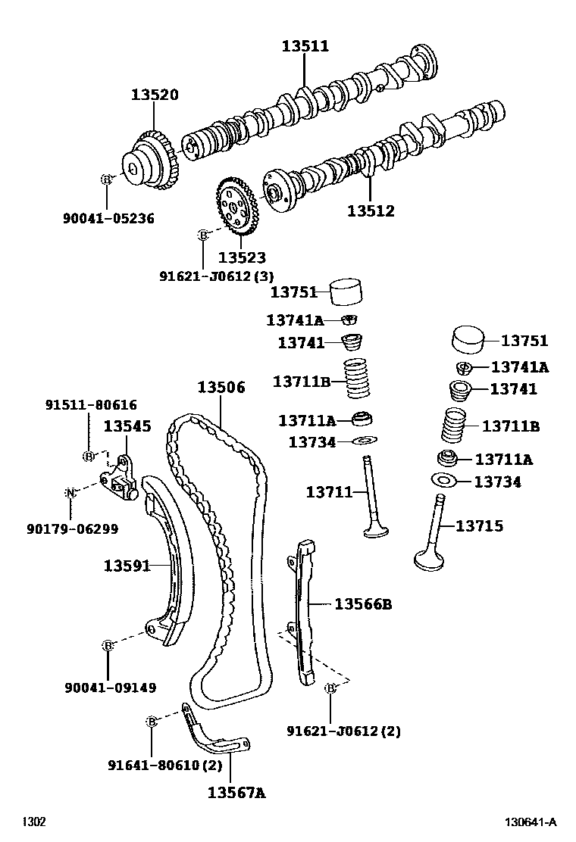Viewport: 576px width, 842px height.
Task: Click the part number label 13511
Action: [x=305, y=46]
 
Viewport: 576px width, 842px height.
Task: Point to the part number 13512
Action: [x=371, y=211]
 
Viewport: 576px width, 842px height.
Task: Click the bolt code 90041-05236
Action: [x=108, y=219]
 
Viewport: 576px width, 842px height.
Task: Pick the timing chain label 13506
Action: [x=221, y=387]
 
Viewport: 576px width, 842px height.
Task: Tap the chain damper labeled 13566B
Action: [x=304, y=606]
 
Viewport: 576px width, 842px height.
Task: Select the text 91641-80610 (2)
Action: [x=164, y=765]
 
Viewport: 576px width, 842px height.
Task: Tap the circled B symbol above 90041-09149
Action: [x=108, y=645]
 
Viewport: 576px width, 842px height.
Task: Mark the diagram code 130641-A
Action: [x=531, y=822]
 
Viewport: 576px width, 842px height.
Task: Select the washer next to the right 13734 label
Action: [x=442, y=480]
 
